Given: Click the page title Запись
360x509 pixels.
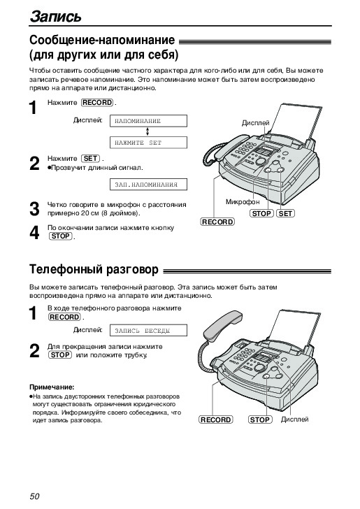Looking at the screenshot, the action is [55, 17].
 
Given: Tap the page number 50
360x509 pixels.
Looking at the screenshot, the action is [34, 496].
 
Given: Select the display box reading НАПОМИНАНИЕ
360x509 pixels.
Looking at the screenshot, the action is [148, 121].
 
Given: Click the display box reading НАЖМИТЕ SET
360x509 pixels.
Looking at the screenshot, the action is [148, 143].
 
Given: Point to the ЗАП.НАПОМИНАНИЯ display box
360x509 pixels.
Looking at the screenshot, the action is [148, 185].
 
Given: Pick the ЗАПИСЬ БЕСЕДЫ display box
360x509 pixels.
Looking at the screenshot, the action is [148, 331].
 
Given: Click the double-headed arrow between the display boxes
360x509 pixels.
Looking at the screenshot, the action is [147, 131].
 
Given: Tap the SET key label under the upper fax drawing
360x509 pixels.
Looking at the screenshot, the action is [285, 214].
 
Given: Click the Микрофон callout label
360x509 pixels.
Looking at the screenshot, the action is [243, 202].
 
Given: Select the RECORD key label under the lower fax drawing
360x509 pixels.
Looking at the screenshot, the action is [215, 420].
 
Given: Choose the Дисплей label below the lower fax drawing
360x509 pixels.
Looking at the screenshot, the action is [294, 420].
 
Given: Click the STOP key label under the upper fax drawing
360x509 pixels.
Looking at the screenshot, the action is [261, 214].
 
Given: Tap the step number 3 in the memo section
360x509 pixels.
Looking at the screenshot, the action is [34, 209].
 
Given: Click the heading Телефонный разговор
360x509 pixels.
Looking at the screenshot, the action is [94, 269].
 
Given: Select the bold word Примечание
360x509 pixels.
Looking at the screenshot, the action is [52, 387].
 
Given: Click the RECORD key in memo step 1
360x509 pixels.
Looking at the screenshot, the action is [97, 103].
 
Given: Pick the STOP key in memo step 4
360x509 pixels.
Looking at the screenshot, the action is [60, 236].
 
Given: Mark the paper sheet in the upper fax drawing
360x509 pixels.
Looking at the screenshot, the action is [291, 122].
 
